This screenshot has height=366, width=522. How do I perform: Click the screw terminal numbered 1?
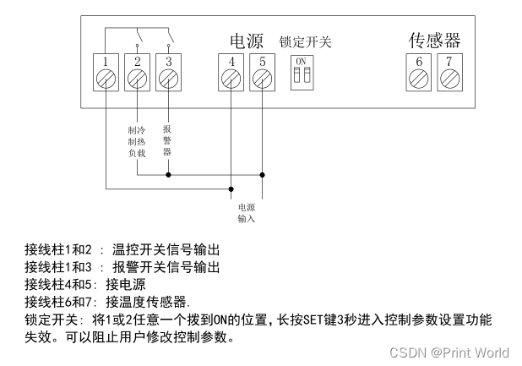point(105,79)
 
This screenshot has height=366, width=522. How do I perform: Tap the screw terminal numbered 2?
point(137,79)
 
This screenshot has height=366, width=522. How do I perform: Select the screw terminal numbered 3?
point(168,79)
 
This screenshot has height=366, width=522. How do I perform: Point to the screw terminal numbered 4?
point(231,79)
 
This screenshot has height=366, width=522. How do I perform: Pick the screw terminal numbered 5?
point(263,79)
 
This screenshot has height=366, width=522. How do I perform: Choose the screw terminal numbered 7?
point(450,79)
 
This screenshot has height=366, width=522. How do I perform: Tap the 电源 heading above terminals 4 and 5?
point(247,41)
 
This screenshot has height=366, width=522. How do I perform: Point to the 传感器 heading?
point(435,40)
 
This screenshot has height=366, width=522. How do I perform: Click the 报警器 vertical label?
point(167,140)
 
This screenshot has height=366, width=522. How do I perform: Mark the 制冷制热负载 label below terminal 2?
point(137,142)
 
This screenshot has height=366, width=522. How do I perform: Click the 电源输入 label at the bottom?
point(246,212)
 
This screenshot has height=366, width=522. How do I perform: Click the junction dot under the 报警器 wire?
point(168,176)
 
